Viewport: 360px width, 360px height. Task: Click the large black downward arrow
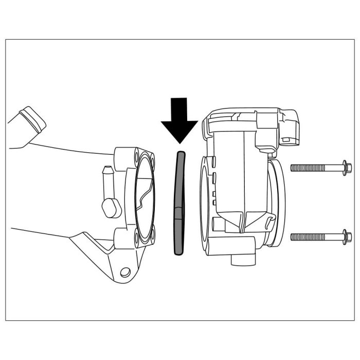179,121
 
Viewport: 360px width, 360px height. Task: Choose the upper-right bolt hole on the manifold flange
151,157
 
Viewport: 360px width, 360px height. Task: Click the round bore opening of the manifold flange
144,198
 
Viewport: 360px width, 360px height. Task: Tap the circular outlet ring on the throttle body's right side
278,201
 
